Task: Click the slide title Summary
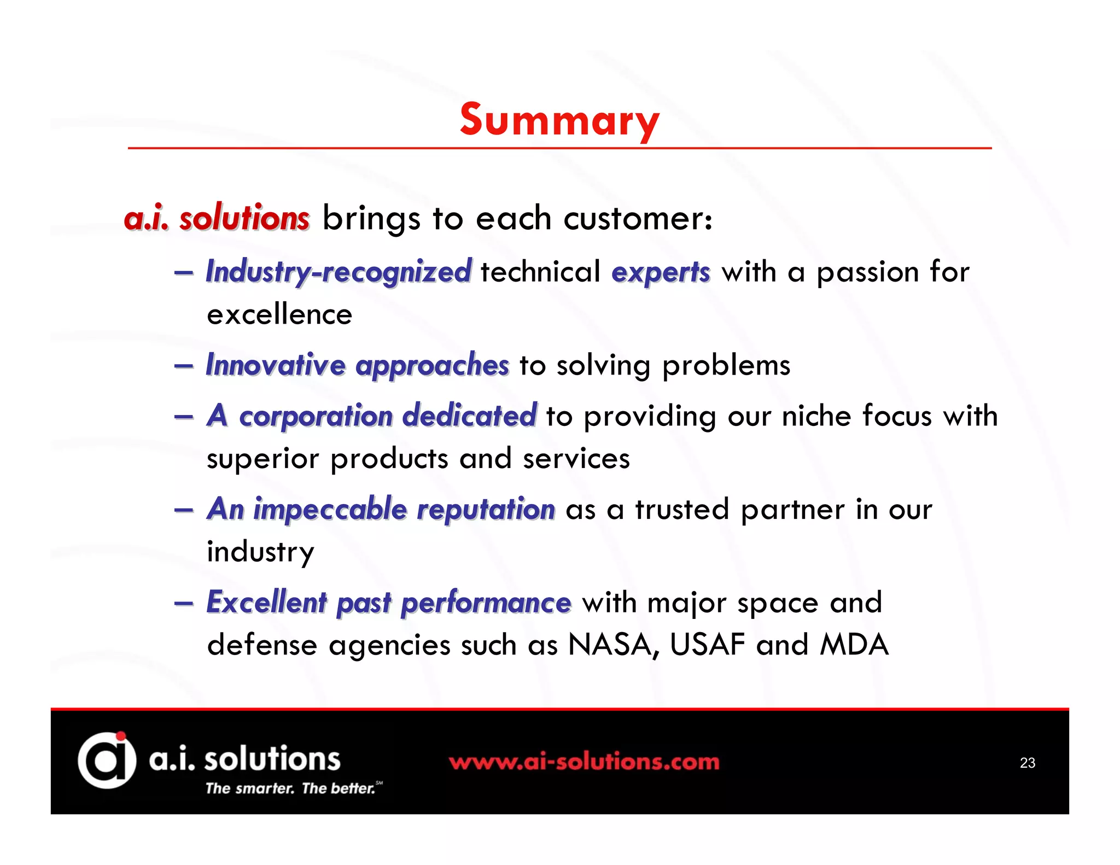559,120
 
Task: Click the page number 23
1027,763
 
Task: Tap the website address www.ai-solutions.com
584,762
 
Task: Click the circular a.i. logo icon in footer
107,760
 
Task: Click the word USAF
707,645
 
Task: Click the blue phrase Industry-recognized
339,272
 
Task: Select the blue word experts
661,272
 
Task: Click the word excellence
279,314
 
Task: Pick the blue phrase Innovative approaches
357,365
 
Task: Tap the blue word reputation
486,510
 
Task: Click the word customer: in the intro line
638,218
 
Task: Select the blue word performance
486,603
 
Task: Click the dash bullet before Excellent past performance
184,603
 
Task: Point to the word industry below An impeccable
260,552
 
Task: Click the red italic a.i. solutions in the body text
217,218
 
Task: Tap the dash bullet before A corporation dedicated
184,417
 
